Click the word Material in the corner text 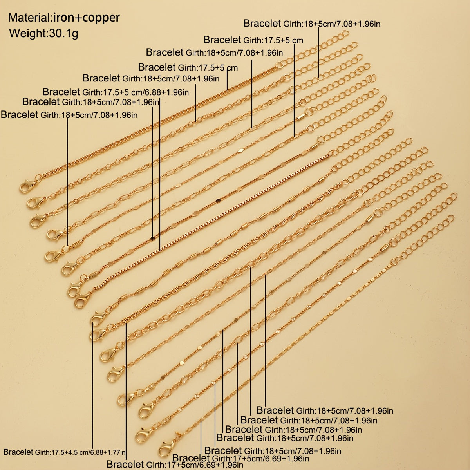tap(29, 18)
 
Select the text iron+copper tap(86, 18)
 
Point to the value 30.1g tap(63, 33)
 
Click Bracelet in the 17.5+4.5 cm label tap(18, 452)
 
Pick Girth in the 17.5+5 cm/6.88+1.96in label tap(92, 92)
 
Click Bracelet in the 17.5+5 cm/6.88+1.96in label tap(61, 92)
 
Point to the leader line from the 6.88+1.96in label tap(160, 175)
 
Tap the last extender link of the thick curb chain tap(345, 33)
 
